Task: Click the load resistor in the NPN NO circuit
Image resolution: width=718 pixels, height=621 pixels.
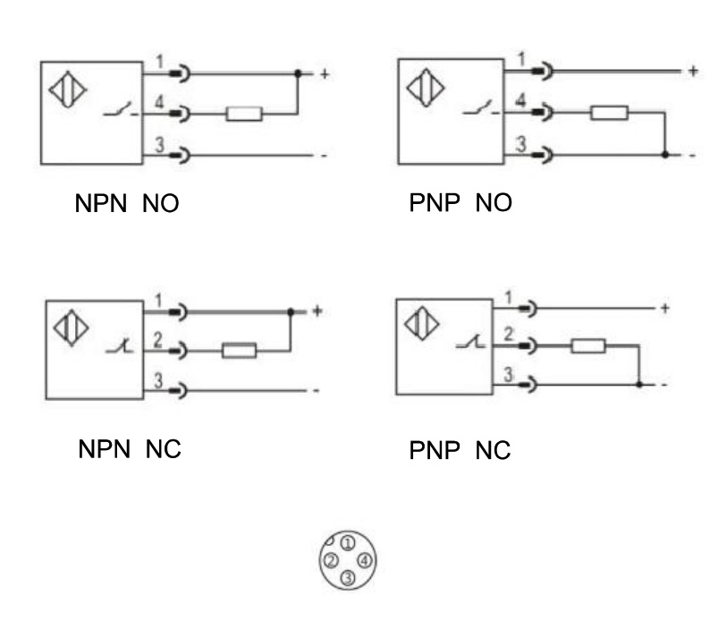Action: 244,114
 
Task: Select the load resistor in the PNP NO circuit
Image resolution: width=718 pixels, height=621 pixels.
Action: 610,113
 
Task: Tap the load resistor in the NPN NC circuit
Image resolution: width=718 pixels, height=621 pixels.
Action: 239,351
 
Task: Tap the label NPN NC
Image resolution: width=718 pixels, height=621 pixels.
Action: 128,449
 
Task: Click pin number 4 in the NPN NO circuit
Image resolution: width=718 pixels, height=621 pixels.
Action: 158,104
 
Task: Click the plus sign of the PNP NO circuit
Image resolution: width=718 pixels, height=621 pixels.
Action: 692,71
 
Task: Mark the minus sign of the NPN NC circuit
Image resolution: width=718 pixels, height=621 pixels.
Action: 317,391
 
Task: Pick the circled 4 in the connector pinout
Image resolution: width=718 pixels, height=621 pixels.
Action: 364,561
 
